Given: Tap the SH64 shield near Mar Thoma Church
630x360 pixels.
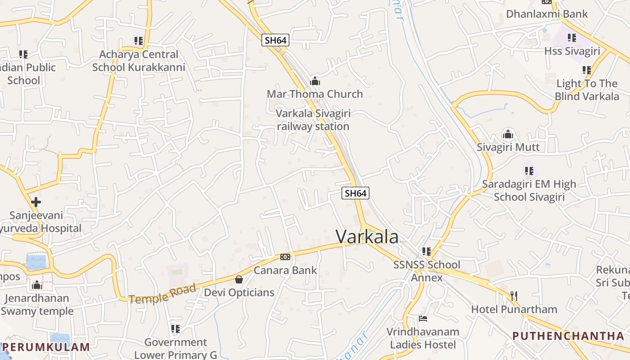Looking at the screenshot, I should tap(275, 40).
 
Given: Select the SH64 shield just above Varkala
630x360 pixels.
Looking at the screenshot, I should tap(355, 193).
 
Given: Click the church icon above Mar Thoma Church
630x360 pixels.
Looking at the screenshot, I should tap(315, 81).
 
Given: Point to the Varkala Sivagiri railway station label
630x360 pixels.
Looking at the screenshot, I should tap(313, 120).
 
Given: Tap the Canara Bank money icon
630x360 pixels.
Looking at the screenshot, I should tap(285, 257).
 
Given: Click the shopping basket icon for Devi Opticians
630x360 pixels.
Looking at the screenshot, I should tap(239, 279).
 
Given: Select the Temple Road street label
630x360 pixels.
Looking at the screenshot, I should tap(162, 293).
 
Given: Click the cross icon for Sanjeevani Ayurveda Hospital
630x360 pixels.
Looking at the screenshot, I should tap(36, 202).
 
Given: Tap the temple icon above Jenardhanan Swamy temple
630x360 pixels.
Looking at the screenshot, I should tap(37, 285).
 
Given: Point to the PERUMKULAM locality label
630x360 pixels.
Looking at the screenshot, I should tap(49, 347).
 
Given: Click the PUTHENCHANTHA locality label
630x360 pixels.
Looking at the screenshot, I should tap(568, 336).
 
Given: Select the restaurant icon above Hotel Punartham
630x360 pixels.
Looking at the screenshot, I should tap(514, 296).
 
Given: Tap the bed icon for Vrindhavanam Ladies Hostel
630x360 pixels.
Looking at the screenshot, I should tap(423, 319).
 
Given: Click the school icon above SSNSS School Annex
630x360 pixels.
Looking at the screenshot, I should tap(427, 251).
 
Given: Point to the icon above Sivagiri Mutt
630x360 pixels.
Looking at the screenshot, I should tap(508, 134).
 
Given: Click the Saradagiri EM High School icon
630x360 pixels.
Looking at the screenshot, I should tap(529, 171).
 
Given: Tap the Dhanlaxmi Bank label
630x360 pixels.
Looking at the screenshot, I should tap(547, 14).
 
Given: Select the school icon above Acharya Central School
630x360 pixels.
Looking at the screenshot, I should tap(139, 41).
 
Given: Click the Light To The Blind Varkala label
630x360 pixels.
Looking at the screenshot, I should tap(587, 90).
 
